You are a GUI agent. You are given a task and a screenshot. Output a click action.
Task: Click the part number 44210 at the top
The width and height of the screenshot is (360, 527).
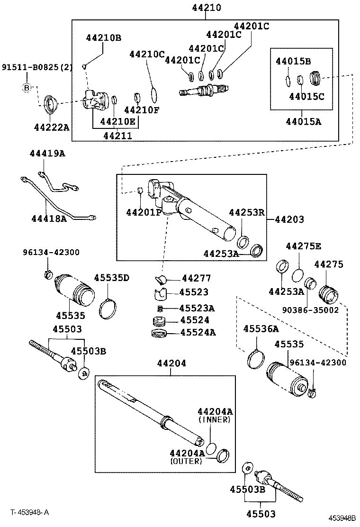point(207,8)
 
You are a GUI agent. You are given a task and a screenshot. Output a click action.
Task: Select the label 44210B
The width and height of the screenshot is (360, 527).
point(103,38)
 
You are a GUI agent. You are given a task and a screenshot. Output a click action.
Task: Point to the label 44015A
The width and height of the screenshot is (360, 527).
point(303,122)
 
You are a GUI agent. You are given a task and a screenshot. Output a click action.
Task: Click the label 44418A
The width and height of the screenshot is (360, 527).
point(49,218)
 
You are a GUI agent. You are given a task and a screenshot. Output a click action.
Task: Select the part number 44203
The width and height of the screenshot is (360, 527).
point(289,219)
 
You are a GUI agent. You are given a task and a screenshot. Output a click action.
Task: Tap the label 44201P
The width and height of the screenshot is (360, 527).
point(144,212)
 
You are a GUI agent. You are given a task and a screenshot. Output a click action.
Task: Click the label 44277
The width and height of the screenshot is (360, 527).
point(196,278)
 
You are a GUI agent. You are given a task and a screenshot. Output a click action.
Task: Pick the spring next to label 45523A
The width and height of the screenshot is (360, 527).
point(161,309)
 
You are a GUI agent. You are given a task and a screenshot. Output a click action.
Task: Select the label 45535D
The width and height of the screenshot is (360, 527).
point(111,278)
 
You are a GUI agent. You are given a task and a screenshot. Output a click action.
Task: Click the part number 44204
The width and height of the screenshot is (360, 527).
point(171,363)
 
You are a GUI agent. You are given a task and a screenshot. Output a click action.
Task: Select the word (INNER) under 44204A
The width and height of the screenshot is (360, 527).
point(215,419)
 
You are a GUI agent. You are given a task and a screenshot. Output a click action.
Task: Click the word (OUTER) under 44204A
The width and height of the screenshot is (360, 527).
point(185,461)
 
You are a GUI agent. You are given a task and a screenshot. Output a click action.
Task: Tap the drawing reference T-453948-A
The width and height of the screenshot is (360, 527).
point(30,512)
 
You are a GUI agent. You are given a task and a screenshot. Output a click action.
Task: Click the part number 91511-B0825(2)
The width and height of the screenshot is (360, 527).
point(37,67)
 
